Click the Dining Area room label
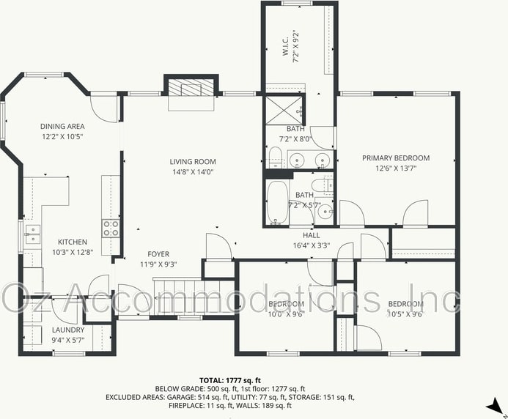click(62, 126)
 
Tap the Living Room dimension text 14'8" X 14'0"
click(193, 171)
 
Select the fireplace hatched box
click(191, 87)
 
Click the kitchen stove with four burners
click(111, 228)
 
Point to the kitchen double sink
click(32, 234)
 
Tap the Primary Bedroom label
click(396, 158)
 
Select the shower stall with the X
click(284, 110)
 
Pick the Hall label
click(312, 235)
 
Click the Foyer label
click(158, 254)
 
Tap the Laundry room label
click(68, 330)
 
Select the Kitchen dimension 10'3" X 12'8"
click(73, 252)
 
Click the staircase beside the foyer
click(194, 297)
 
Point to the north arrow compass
click(496, 406)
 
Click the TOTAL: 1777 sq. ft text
click(230, 380)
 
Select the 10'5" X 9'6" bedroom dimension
click(405, 314)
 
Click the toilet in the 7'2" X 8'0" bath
click(276, 157)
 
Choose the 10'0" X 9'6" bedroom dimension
click(287, 314)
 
